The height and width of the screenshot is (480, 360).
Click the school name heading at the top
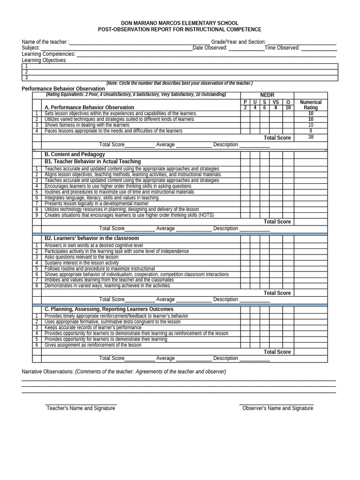pyautogui.click(x=180, y=23)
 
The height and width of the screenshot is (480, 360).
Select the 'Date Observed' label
pyautogui.click(x=210, y=48)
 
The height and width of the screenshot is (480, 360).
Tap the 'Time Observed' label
pyautogui.click(x=282, y=48)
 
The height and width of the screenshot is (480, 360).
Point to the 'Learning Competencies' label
pyautogui.click(x=49, y=54)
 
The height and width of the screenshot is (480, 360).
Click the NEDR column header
pyautogui.click(x=267, y=95)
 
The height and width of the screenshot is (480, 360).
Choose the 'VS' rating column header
pyautogui.click(x=276, y=102)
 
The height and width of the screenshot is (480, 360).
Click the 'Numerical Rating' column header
pyautogui.click(x=310, y=105)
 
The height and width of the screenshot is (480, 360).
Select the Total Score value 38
pyautogui.click(x=311, y=137)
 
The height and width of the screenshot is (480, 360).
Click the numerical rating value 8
pyautogui.click(x=311, y=131)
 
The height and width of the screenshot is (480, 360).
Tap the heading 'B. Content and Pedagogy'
pyautogui.click(x=75, y=154)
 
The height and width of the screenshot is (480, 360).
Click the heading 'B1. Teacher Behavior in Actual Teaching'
pyautogui.click(x=92, y=161)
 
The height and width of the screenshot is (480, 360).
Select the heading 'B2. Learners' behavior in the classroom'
pyautogui.click(x=91, y=238)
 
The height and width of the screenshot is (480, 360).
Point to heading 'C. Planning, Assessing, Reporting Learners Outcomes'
pyautogui.click(x=109, y=309)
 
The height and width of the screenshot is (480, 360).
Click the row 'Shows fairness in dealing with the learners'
pyautogui.click(x=87, y=125)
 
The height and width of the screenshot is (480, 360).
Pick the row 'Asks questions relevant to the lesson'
pyautogui.click(x=82, y=257)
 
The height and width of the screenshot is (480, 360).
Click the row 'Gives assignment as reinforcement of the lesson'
pyautogui.click(x=93, y=345)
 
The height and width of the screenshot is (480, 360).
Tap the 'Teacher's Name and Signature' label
pyautogui.click(x=81, y=408)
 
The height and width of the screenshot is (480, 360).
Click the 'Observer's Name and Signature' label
pyautogui.click(x=277, y=408)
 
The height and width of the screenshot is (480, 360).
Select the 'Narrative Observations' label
pyautogui.click(x=48, y=372)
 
